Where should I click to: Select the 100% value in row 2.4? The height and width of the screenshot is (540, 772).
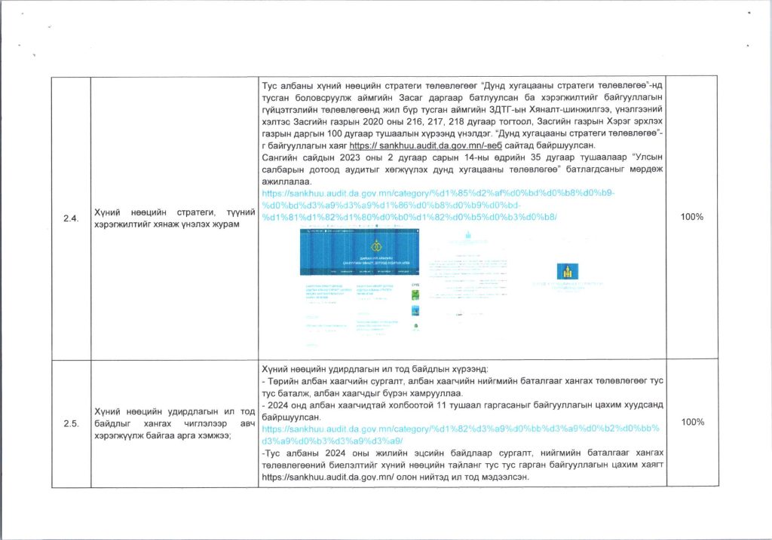(692, 217)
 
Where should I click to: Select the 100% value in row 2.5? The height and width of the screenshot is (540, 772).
(692, 423)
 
